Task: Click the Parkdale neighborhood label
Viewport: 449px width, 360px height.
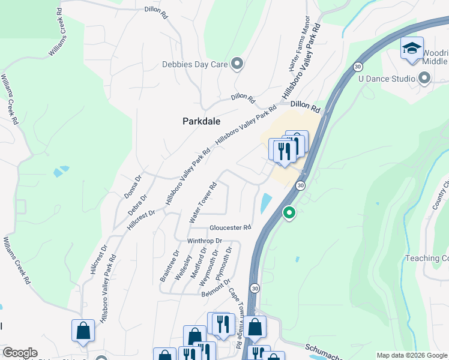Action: [202, 121]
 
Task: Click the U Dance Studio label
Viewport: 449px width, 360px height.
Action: [387, 79]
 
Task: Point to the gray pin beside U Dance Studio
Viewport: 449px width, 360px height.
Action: [425, 78]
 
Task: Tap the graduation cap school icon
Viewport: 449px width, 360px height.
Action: [412, 49]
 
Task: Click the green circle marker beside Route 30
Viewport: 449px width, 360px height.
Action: [289, 212]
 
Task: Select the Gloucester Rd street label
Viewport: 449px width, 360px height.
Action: [230, 228]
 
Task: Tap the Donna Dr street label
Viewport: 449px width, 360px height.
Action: [131, 187]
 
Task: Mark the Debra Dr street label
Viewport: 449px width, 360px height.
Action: [138, 205]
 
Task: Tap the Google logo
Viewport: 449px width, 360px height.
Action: [20, 353]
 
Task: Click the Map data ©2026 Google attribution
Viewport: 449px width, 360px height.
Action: [412, 355]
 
